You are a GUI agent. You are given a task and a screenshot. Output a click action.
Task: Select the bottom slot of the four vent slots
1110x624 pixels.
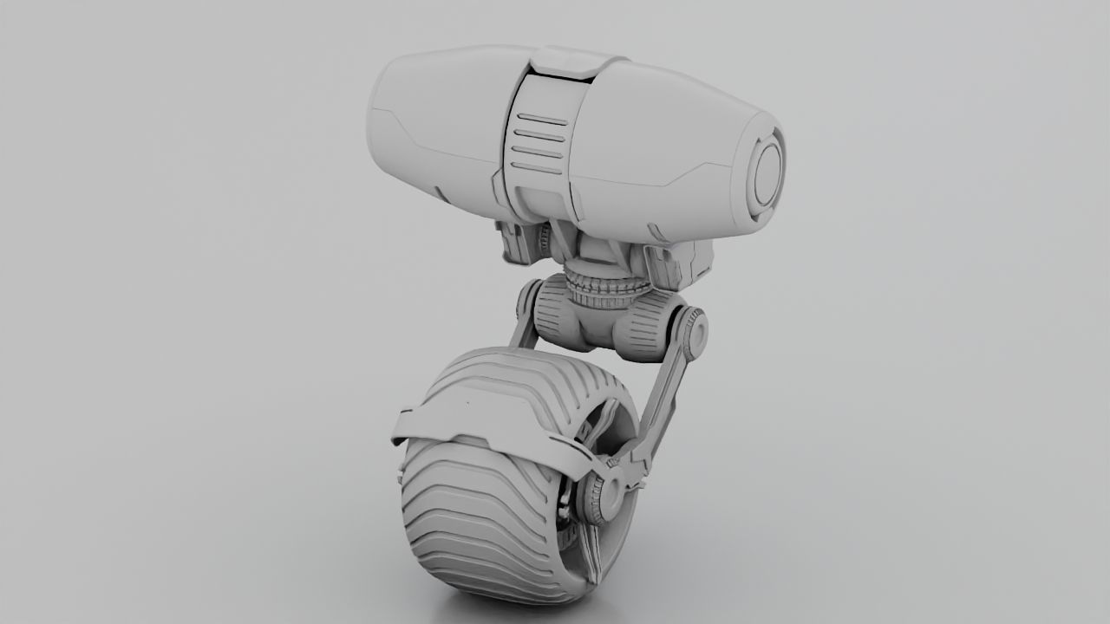click(x=536, y=167)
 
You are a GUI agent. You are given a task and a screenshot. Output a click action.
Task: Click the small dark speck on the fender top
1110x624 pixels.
click(x=468, y=403)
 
